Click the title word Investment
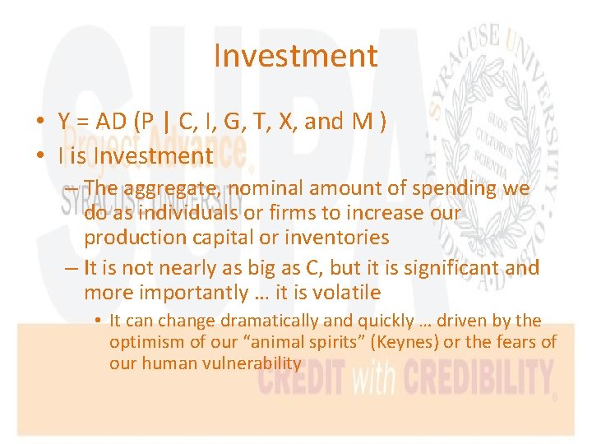point(295,56)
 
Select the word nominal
point(269,189)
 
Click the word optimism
point(146,341)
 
